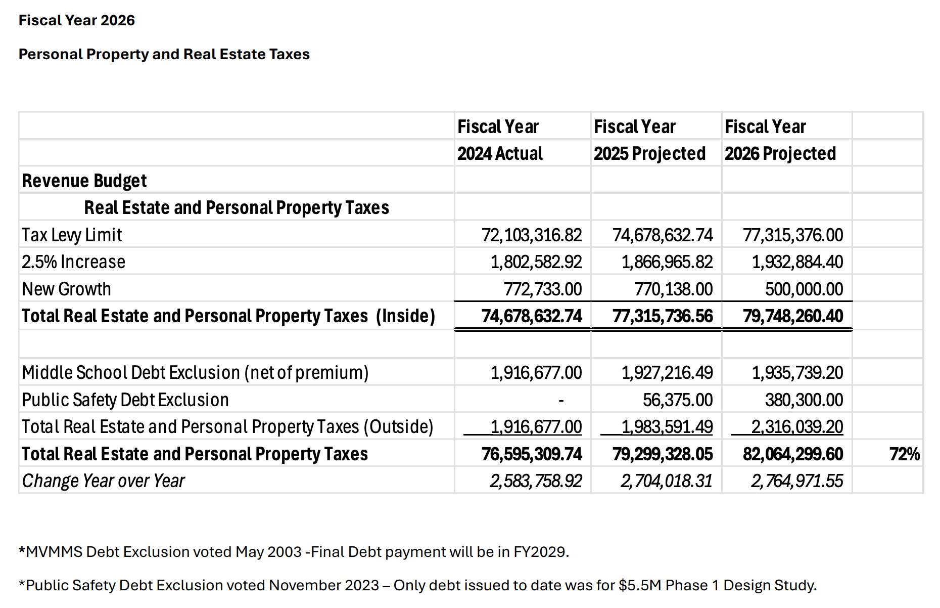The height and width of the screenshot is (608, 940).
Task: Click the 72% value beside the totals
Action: pyautogui.click(x=904, y=454)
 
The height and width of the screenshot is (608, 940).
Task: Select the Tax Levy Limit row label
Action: pyautogui.click(x=72, y=235)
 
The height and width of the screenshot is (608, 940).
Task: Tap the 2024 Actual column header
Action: pyautogui.click(x=499, y=153)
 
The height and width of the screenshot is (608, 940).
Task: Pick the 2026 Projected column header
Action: pyautogui.click(x=780, y=153)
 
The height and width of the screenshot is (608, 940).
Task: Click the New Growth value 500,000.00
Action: pyautogui.click(x=804, y=289)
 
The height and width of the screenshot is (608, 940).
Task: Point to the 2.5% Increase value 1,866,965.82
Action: pyautogui.click(x=667, y=262)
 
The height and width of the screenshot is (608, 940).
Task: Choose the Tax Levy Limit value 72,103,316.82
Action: pyautogui.click(x=531, y=235)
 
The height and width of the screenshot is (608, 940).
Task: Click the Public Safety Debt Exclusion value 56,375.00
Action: pyautogui.click(x=677, y=400)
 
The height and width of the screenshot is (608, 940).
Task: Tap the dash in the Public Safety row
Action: pyautogui.click(x=561, y=400)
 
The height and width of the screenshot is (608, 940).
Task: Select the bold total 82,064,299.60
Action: pyautogui.click(x=792, y=454)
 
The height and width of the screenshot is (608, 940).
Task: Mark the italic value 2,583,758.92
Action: pyautogui.click(x=536, y=481)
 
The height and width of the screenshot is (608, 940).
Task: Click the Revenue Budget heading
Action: pyautogui.click(x=84, y=181)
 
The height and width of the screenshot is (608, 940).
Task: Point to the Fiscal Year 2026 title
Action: pyautogui.click(x=77, y=20)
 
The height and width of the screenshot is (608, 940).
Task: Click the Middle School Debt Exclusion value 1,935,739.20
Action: pyautogui.click(x=797, y=372)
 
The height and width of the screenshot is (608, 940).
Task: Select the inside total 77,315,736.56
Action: pyautogui.click(x=662, y=316)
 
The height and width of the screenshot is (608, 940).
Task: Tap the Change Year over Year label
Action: pyautogui.click(x=104, y=481)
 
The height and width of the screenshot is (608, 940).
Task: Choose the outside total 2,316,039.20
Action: pyautogui.click(x=797, y=426)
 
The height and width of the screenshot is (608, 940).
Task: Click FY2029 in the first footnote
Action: pyautogui.click(x=540, y=551)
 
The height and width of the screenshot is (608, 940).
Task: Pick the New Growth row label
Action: pyautogui.click(x=66, y=289)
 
